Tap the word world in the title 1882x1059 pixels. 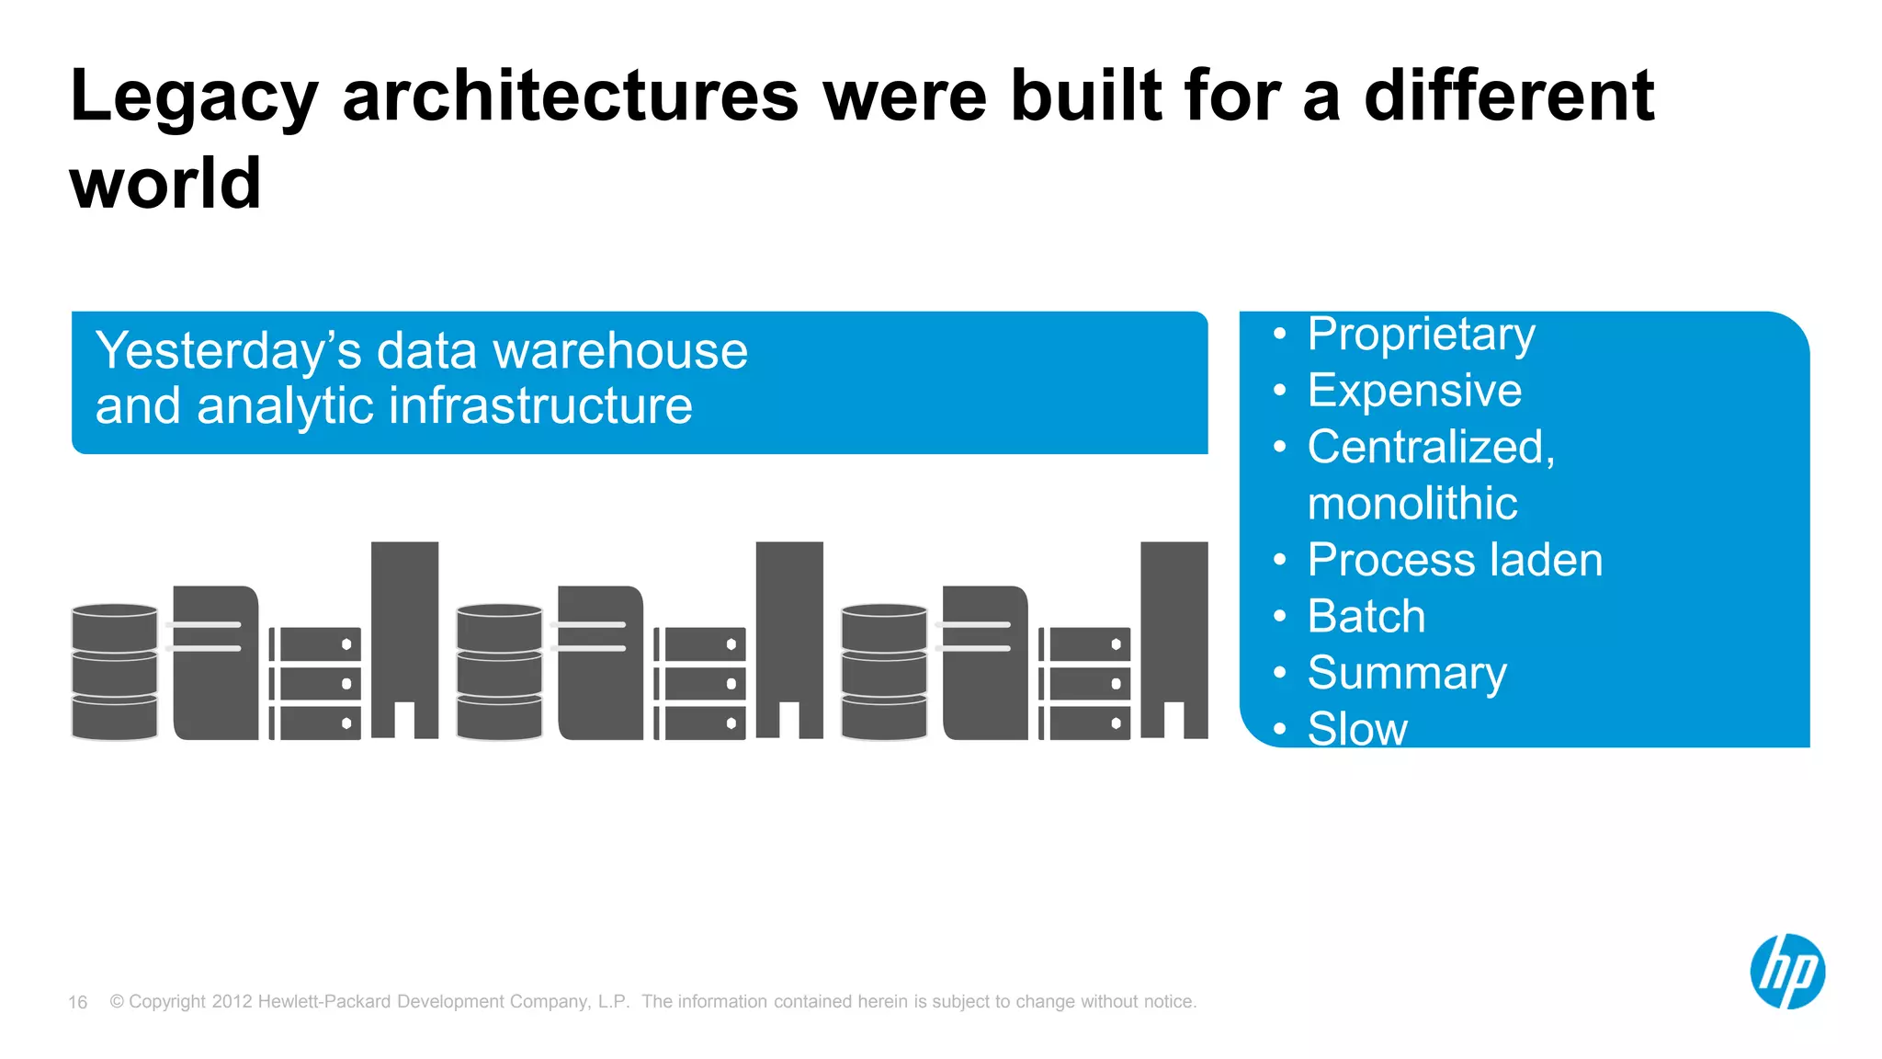tap(165, 184)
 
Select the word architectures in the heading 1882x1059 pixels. tap(570, 97)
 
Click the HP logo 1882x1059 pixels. tap(1786, 972)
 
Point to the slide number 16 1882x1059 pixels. tap(78, 1002)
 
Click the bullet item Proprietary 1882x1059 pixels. tap(1421, 335)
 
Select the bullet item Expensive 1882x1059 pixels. tap(1414, 391)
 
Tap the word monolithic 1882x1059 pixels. tap(1411, 504)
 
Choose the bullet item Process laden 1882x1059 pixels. tap(1455, 560)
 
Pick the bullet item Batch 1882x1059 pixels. tap(1366, 616)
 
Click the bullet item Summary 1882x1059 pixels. tap(1407, 673)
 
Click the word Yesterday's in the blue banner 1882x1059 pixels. tap(228, 351)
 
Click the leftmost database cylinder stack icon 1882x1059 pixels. tap(115, 672)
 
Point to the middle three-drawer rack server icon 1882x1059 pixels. tap(700, 683)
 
